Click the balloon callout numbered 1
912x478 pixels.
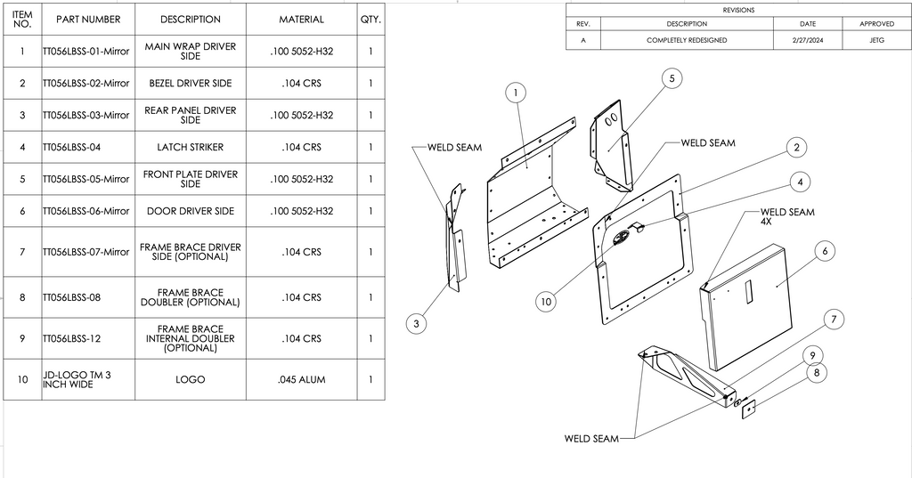pyautogui.click(x=517, y=92)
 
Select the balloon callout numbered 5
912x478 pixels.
pyautogui.click(x=672, y=78)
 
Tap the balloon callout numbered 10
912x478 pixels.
pyautogui.click(x=547, y=302)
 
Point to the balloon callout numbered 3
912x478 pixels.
pyautogui.click(x=416, y=324)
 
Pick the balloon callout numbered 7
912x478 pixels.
pyautogui.click(x=833, y=319)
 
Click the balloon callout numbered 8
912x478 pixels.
pyautogui.click(x=817, y=373)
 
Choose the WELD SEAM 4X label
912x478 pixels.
pyautogui.click(x=786, y=216)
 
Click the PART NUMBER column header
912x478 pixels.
pyautogui.click(x=87, y=20)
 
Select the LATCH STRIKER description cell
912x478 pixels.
pyautogui.click(x=190, y=147)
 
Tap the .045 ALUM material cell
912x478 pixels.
pyautogui.click(x=301, y=380)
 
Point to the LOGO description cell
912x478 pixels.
pyautogui.click(x=190, y=380)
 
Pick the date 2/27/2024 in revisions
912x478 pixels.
pyautogui.click(x=807, y=40)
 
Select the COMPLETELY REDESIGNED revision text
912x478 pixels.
pyautogui.click(x=687, y=40)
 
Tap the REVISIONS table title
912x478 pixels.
pyautogui.click(x=738, y=10)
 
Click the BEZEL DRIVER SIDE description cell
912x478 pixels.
pyautogui.click(x=190, y=83)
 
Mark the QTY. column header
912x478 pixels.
pyautogui.click(x=370, y=20)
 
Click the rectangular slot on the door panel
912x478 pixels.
pyautogui.click(x=749, y=290)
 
